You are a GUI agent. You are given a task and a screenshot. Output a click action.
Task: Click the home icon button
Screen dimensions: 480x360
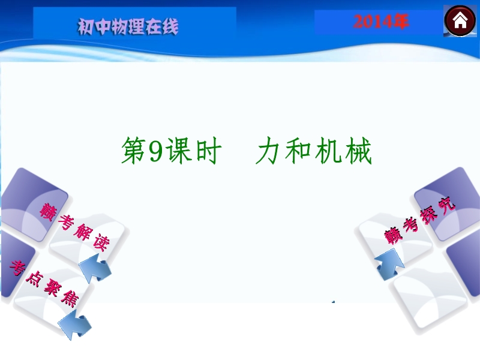(460, 21)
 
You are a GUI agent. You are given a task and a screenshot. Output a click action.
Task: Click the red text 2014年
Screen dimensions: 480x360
(381, 22)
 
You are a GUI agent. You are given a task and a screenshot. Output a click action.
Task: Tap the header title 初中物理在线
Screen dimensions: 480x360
(128, 26)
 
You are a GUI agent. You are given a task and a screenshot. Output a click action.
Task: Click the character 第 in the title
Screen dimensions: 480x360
(134, 151)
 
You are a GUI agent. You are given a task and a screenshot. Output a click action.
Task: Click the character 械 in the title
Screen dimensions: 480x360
(359, 151)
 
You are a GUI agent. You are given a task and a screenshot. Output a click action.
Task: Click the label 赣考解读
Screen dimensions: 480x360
(74, 227)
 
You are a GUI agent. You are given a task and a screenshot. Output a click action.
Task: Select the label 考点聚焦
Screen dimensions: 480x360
(44, 284)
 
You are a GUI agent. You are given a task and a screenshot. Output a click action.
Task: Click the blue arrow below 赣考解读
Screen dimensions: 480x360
(95, 269)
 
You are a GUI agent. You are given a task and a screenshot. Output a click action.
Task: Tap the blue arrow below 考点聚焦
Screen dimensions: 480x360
(75, 325)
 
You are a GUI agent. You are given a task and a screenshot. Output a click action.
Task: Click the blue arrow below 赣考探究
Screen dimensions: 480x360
(389, 265)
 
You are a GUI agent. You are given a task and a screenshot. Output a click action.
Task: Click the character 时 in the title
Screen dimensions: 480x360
(208, 151)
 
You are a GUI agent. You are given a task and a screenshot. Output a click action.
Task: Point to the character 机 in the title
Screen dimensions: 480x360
(328, 151)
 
